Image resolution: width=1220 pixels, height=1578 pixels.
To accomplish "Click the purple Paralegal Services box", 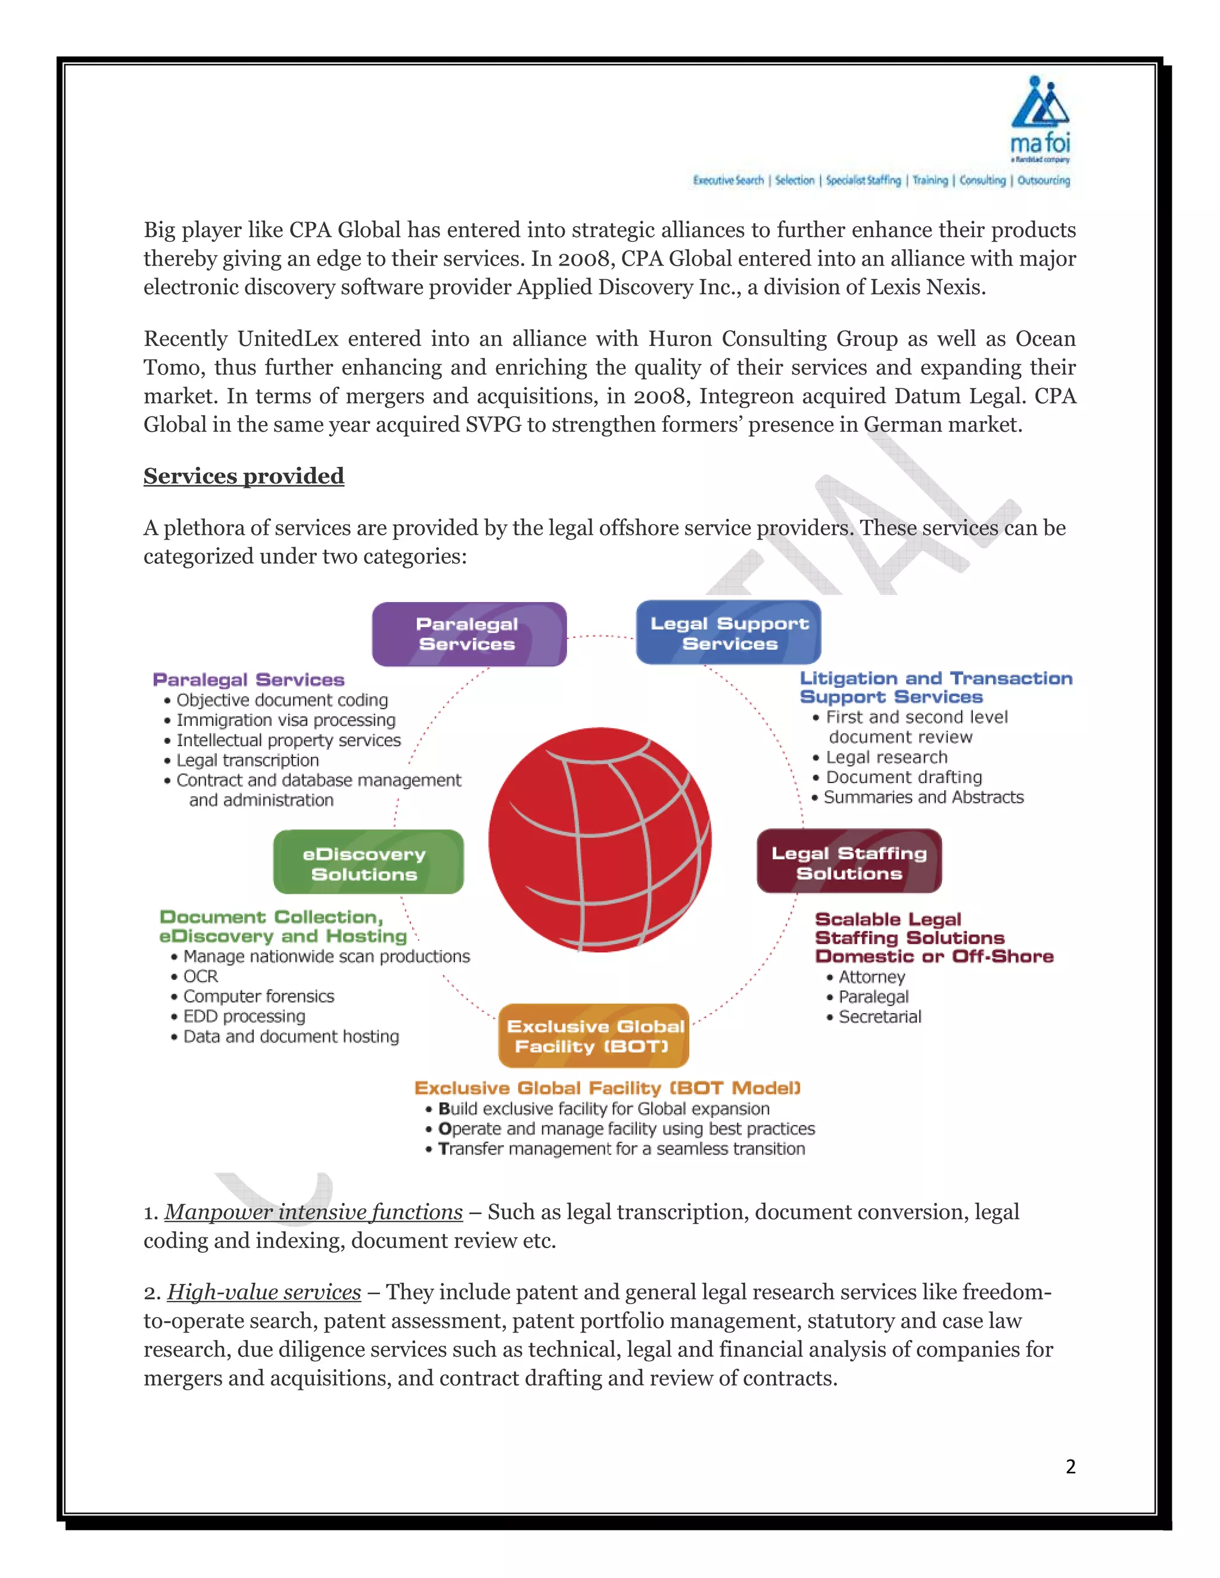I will tap(468, 634).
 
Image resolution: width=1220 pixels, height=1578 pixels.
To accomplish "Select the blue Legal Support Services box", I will tap(729, 633).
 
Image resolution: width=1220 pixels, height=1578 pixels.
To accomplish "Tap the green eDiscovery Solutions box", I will tap(368, 863).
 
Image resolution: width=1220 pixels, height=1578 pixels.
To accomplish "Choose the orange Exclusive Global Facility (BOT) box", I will tap(593, 1036).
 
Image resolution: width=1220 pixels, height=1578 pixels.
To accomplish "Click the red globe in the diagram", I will tap(599, 840).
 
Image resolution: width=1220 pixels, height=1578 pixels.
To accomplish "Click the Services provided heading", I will tap(244, 476).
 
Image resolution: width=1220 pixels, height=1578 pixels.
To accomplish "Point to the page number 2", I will tap(1070, 1466).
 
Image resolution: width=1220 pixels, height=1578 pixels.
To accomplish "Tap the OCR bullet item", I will tap(200, 976).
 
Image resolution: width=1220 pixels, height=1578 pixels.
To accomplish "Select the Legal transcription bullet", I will tap(247, 760).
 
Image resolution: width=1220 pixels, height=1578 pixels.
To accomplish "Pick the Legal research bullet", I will tap(886, 757).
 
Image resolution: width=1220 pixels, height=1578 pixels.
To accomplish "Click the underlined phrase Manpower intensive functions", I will tap(314, 1212).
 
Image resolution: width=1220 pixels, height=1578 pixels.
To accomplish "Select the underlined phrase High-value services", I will tap(264, 1292).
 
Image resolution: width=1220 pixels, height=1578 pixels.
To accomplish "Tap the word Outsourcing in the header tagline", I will tap(1043, 180).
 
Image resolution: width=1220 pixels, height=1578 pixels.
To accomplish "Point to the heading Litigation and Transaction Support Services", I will tap(935, 687).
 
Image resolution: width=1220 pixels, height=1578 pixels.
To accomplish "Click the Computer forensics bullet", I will tap(258, 996).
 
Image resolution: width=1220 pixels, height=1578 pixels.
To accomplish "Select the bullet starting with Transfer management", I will tap(621, 1149).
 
